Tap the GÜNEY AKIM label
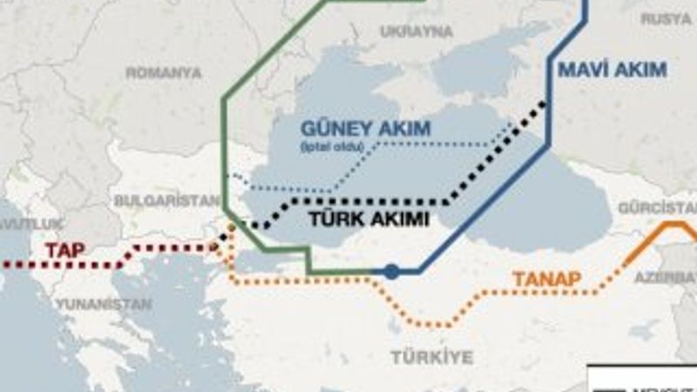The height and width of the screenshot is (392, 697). tap(366, 129)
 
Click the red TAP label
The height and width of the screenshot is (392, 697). tap(65, 250)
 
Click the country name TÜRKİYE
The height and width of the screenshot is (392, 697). tap(431, 357)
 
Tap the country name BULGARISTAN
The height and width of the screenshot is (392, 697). tap(166, 200)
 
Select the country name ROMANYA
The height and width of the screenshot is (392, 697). tap(164, 73)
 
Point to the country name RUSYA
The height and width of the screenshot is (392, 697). tap(667, 17)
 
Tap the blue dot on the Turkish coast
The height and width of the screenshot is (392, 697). tap(391, 272)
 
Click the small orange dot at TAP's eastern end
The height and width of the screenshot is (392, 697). tap(231, 228)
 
